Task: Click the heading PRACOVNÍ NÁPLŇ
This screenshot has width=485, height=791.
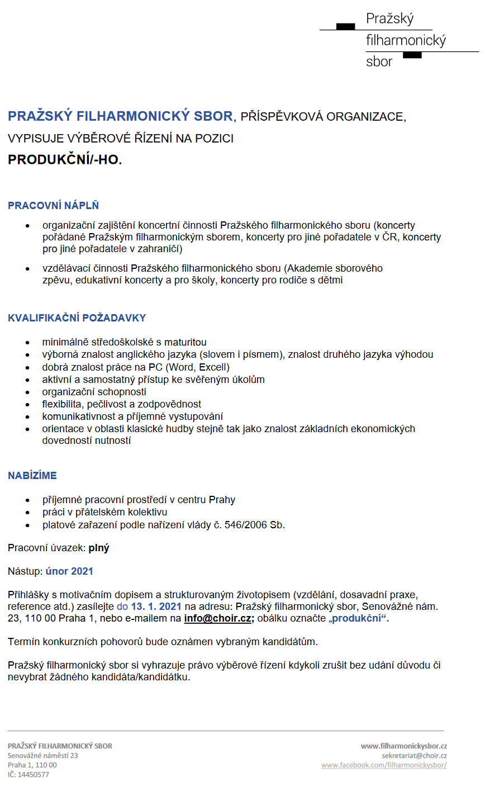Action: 53,206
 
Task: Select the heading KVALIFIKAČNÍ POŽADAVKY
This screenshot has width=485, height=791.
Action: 77,318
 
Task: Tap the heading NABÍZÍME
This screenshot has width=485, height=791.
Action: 32,476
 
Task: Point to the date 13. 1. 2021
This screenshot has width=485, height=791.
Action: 156,606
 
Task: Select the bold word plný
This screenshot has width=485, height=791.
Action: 99,548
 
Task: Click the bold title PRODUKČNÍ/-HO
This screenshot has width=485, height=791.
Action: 64,159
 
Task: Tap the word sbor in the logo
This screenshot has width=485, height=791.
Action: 379,61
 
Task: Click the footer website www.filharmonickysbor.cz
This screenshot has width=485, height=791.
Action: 404,746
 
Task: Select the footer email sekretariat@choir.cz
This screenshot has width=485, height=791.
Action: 414,755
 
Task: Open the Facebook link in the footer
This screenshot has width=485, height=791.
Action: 384,765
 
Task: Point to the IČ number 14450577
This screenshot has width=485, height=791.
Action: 33,774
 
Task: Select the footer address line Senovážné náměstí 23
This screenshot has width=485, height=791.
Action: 43,755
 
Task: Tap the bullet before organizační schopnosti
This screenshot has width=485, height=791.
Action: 28,392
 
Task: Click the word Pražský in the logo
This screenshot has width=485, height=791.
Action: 390,18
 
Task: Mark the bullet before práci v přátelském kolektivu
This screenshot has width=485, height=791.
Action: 28,512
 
